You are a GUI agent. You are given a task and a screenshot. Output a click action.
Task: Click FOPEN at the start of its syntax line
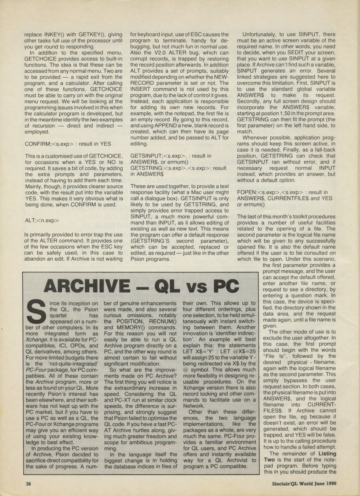click(246, 192)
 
